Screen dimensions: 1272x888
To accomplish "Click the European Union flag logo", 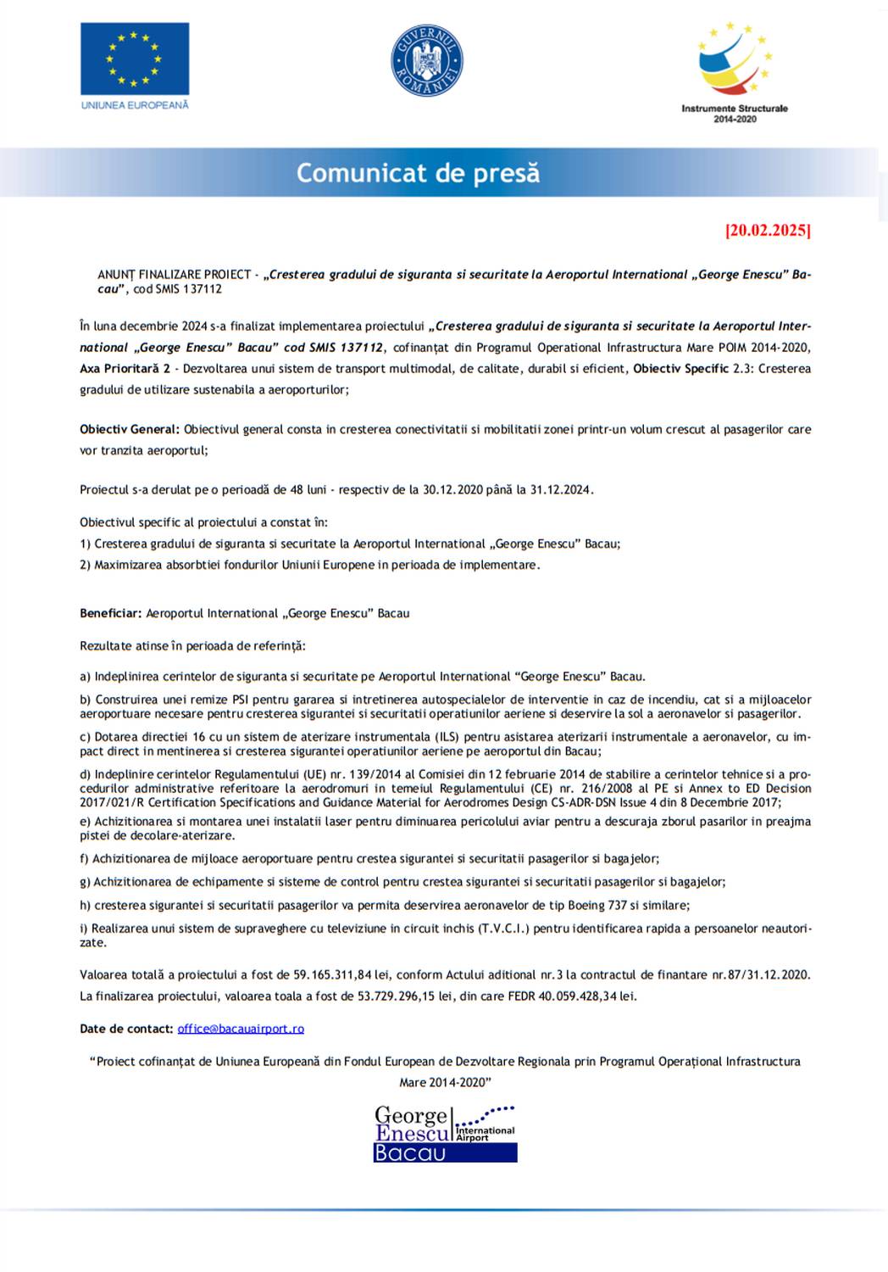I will tap(135, 59).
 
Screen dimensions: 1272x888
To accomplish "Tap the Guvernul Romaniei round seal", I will tap(426, 60).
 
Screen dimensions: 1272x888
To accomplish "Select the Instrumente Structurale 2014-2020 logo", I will tap(735, 73).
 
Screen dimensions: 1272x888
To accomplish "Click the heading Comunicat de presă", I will tap(418, 173).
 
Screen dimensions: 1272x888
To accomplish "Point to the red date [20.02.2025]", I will tap(768, 230).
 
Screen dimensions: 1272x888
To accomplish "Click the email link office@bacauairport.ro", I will tap(241, 1029).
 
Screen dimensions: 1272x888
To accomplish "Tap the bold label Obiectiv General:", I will tap(130, 429).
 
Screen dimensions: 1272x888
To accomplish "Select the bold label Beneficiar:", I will tap(110, 613).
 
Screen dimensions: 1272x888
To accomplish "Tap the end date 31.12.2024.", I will tap(561, 489).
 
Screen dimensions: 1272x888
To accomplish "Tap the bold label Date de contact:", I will tap(126, 1029).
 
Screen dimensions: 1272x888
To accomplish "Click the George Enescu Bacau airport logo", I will tap(445, 1133).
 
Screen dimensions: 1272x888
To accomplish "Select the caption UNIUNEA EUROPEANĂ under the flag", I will tap(135, 105).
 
